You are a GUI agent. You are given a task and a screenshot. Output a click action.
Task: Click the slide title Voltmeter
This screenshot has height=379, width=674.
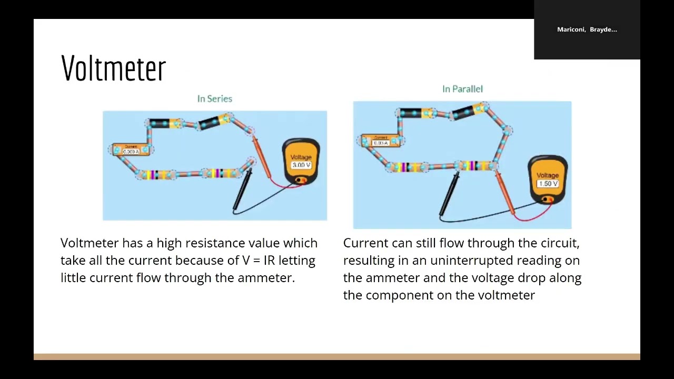point(113,68)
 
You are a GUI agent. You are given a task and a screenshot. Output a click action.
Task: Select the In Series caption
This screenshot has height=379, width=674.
point(214,98)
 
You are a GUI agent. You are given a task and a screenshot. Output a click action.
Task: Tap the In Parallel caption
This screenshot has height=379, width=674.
point(462,89)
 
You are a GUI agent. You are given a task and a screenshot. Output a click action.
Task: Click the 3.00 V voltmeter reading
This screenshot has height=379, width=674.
point(301,165)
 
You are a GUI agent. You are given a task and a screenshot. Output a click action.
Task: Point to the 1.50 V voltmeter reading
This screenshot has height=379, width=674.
point(548,184)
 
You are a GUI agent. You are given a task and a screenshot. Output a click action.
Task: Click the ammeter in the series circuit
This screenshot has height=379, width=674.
point(131,150)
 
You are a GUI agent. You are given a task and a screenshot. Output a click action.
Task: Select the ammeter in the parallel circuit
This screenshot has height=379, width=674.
point(380,141)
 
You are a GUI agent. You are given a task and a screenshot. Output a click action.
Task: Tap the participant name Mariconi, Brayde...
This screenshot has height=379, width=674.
point(587,29)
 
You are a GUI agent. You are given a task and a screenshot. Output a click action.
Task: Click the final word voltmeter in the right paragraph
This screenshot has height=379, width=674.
point(506,295)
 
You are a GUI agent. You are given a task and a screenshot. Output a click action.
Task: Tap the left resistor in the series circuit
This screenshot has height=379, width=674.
point(153,175)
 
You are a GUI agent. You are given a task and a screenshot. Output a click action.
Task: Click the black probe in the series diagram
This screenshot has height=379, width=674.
point(242,192)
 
